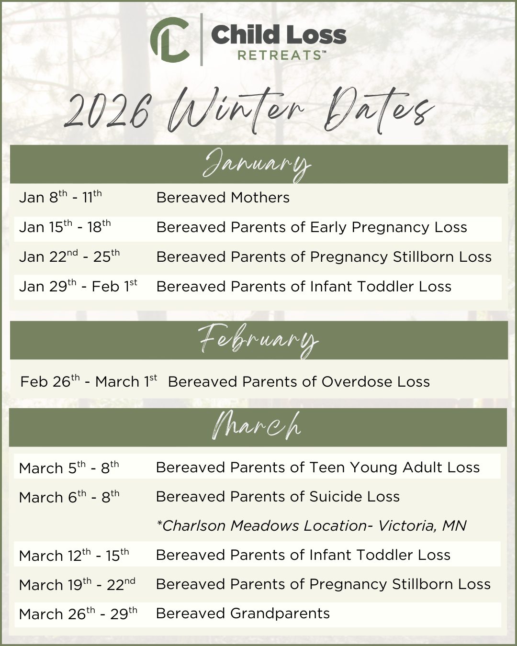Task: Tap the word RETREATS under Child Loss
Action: coord(280,55)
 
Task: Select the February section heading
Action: coord(258,340)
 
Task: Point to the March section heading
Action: coord(258,426)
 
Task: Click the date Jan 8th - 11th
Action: coord(60,197)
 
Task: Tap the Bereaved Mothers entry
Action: coord(223,198)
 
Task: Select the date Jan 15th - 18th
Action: coord(65,226)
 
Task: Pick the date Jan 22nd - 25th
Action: coord(69,256)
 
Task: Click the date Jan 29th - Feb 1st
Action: coord(78,286)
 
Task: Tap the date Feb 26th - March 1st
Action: coord(89,381)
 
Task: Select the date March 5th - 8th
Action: coord(69,468)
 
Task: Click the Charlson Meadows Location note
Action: coord(311,526)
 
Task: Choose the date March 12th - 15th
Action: coord(74,555)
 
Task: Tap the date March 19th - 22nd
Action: coord(77,584)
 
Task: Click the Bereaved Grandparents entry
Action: coord(243,613)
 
